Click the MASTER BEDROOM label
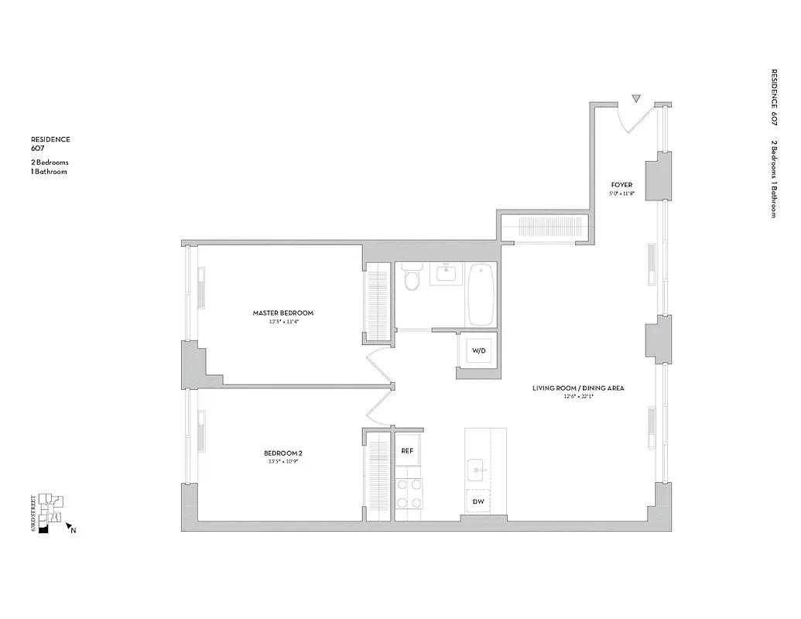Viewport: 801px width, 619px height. (282, 313)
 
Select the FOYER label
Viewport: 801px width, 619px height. (621, 184)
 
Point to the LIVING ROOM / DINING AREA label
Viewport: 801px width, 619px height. (578, 388)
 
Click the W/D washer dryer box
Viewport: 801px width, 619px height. (478, 351)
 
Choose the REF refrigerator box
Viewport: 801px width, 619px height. (407, 450)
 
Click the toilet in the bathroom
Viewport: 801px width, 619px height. (411, 278)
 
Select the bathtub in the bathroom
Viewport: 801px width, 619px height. (481, 294)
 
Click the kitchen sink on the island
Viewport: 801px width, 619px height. (477, 467)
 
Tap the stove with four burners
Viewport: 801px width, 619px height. (408, 493)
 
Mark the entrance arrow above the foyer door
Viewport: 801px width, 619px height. (636, 99)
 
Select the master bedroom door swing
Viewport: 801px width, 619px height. (380, 364)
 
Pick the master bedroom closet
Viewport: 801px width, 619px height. (378, 302)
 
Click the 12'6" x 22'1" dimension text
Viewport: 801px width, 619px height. (578, 398)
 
